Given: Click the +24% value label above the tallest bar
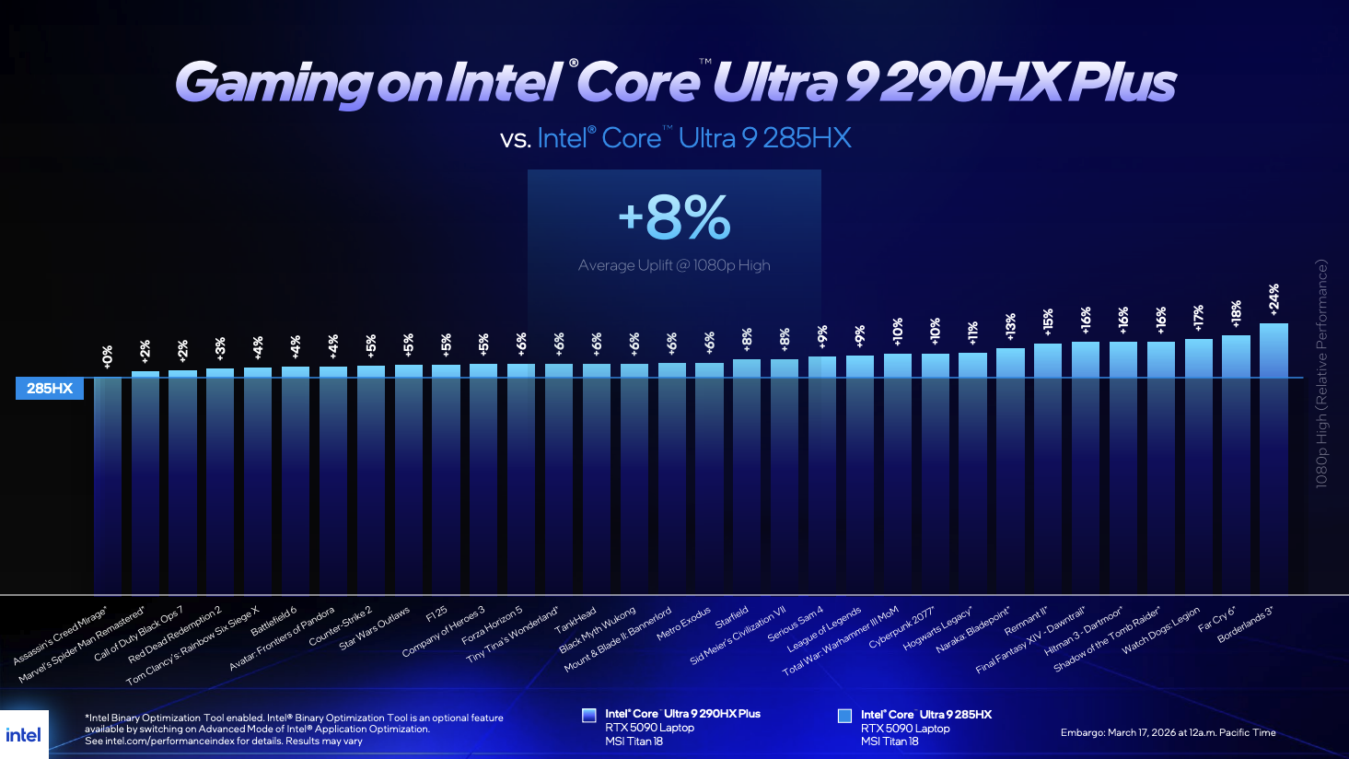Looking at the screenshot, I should pos(1273,299).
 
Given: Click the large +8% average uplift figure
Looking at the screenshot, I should pos(674,218).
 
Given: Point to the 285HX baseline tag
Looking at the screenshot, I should pos(50,389).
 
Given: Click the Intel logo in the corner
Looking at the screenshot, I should pos(24,734).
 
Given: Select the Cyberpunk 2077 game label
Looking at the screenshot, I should pos(902,628).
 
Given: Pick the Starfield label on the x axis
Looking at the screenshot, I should pos(732,617).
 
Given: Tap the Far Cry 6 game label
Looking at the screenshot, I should pos(1216,619).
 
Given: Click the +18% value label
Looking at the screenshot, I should pos(1236,313).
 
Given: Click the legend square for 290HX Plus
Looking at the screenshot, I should pos(589,715).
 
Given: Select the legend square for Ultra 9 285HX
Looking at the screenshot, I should pos(844,716).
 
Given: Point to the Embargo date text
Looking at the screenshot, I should pos(1168,733).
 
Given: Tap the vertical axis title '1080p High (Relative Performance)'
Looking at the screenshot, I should pos(1321,373).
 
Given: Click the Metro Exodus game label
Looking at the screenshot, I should pos(683,624).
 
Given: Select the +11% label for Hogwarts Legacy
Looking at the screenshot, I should pos(972,333).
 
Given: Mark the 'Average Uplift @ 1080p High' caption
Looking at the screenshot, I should pos(674,265).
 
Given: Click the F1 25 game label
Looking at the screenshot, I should pos(436,613).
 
